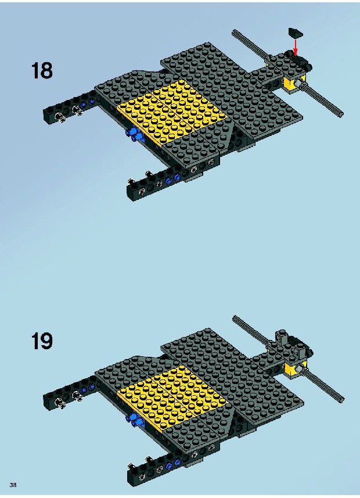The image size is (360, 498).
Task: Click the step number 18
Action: click(42, 70)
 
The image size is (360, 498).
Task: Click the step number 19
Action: click(42, 341)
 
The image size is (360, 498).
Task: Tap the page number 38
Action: click(13, 485)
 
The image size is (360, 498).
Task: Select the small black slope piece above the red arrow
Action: click(296, 33)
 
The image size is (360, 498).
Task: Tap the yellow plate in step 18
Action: click(173, 112)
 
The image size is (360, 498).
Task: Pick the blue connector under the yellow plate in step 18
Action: click(135, 134)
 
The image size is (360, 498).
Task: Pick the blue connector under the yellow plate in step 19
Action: click(135, 420)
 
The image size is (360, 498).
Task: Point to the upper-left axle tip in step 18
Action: click(234, 31)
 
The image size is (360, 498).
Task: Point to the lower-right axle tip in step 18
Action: click(341, 114)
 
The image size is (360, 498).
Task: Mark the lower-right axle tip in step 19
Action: click(342, 400)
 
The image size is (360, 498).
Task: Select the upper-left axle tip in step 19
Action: click(234, 317)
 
